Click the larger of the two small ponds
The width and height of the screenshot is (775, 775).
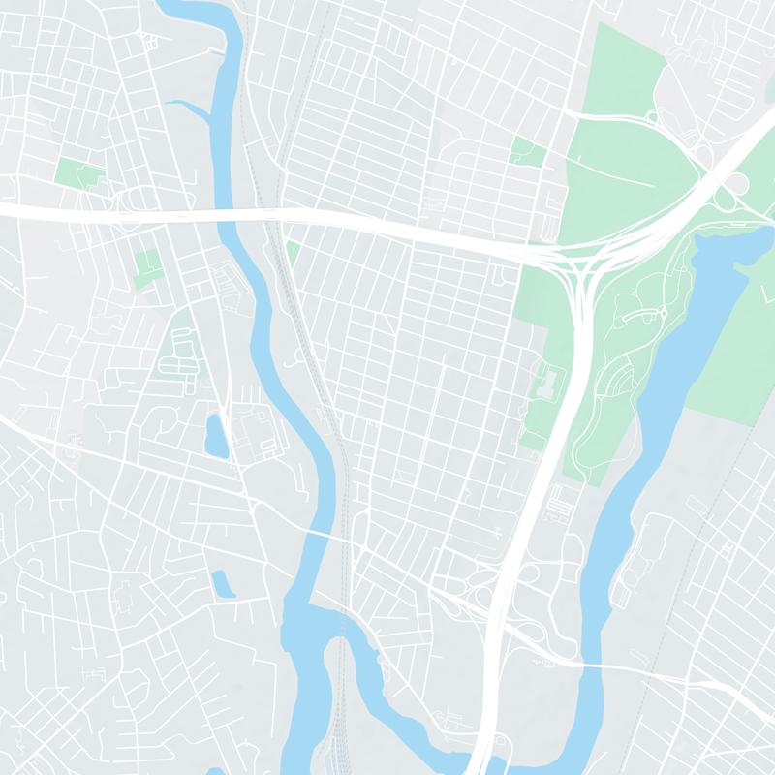(215, 436)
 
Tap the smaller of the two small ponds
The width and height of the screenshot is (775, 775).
(223, 582)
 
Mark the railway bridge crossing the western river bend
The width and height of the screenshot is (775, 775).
(341, 620)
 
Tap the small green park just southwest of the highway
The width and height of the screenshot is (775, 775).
(147, 264)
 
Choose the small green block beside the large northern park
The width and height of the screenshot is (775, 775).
(528, 150)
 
